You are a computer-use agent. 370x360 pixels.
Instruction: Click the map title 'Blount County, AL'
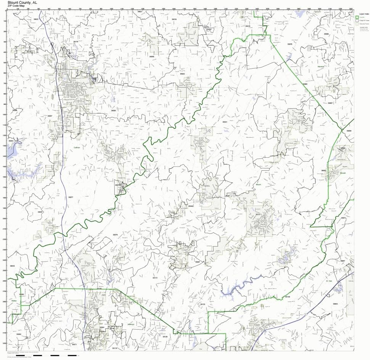pyautogui.click(x=22, y=2)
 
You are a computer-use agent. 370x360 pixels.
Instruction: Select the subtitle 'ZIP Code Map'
pyautogui.click(x=18, y=6)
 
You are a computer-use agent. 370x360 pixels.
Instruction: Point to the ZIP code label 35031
pyautogui.click(x=225, y=122)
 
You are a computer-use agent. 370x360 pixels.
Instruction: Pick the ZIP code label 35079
pyautogui.click(x=115, y=235)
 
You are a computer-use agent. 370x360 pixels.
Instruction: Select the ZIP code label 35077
pyautogui.click(x=70, y=197)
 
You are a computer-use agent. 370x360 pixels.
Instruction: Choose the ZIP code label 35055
pyautogui.click(x=113, y=110)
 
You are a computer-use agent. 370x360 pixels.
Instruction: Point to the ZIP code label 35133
pyautogui.click(x=203, y=304)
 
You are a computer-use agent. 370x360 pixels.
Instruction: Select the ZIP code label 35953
pyautogui.click(x=335, y=304)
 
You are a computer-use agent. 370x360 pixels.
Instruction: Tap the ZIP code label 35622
pyautogui.click(x=36, y=19)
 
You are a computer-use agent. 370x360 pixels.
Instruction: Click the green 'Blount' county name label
pyautogui.click(x=258, y=184)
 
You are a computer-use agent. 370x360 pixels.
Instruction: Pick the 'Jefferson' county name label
pyautogui.click(x=130, y=324)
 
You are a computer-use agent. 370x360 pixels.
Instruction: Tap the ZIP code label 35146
pyautogui.click(x=287, y=296)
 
